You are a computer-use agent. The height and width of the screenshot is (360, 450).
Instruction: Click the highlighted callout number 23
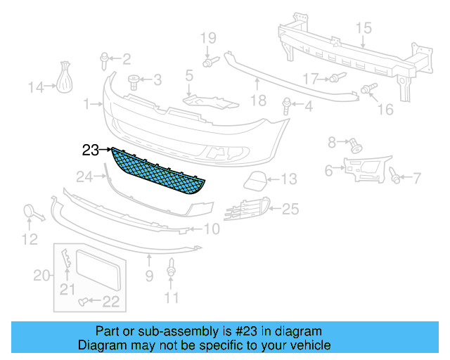pyautogui.click(x=91, y=149)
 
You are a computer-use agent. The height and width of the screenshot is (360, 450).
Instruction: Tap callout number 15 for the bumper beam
pyautogui.click(x=363, y=28)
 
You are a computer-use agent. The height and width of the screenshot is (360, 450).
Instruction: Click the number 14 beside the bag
pyautogui.click(x=36, y=87)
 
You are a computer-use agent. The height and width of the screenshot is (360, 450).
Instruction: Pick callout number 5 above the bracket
pyautogui.click(x=189, y=74)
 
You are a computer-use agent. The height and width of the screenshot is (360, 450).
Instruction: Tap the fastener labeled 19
pyautogui.click(x=208, y=63)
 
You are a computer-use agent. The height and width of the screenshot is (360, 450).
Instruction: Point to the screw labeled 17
pyautogui.click(x=335, y=77)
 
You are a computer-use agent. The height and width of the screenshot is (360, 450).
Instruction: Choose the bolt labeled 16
pyautogui.click(x=368, y=89)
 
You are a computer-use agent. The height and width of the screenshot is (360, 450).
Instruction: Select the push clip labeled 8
pyautogui.click(x=356, y=146)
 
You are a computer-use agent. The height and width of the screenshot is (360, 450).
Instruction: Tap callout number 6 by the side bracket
pyautogui.click(x=329, y=170)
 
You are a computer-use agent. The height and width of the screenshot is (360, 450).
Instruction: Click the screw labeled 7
pyautogui.click(x=396, y=178)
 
